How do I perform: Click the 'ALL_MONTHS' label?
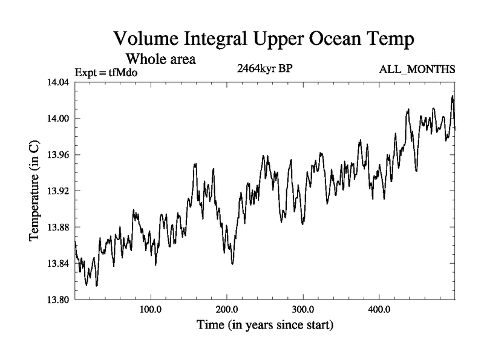[x=417, y=70]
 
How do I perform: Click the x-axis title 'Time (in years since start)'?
[x=264, y=325]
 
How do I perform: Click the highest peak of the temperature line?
[x=452, y=96]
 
